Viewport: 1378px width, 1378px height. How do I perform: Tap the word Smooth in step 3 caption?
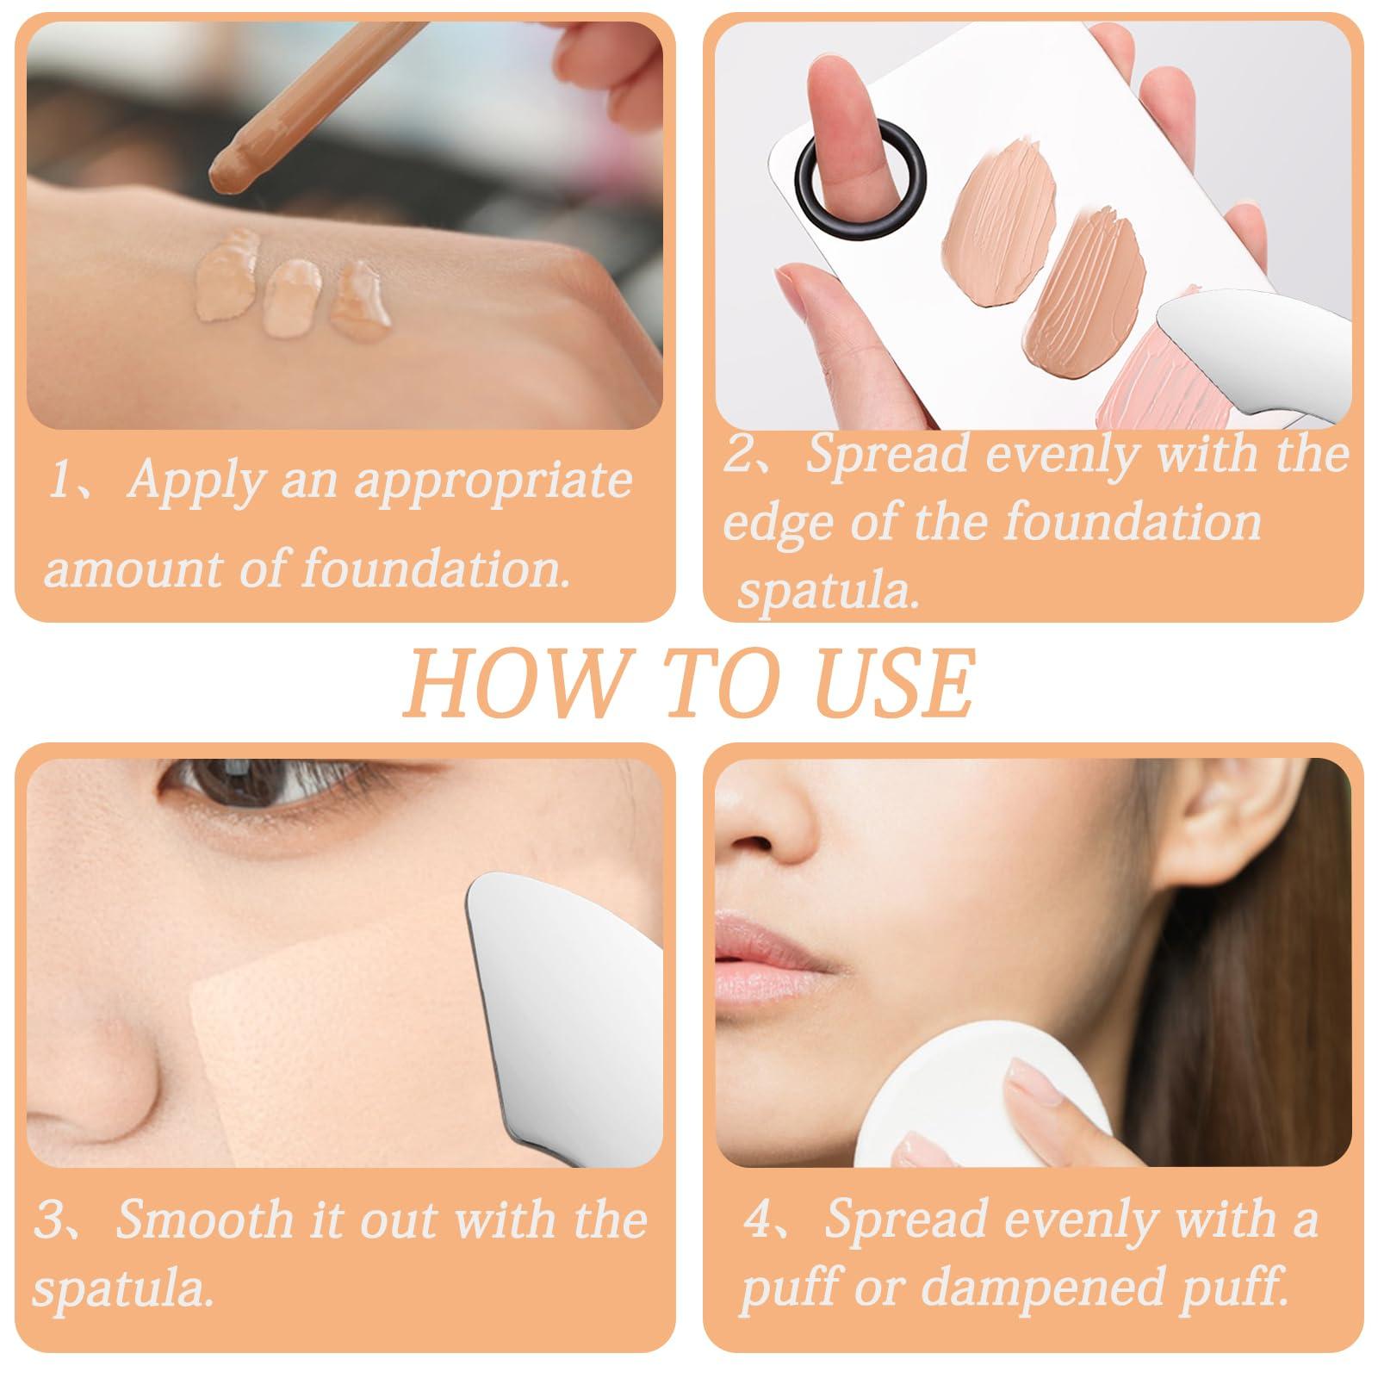coord(204,1221)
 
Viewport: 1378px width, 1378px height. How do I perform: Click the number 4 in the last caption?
coord(760,1221)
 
